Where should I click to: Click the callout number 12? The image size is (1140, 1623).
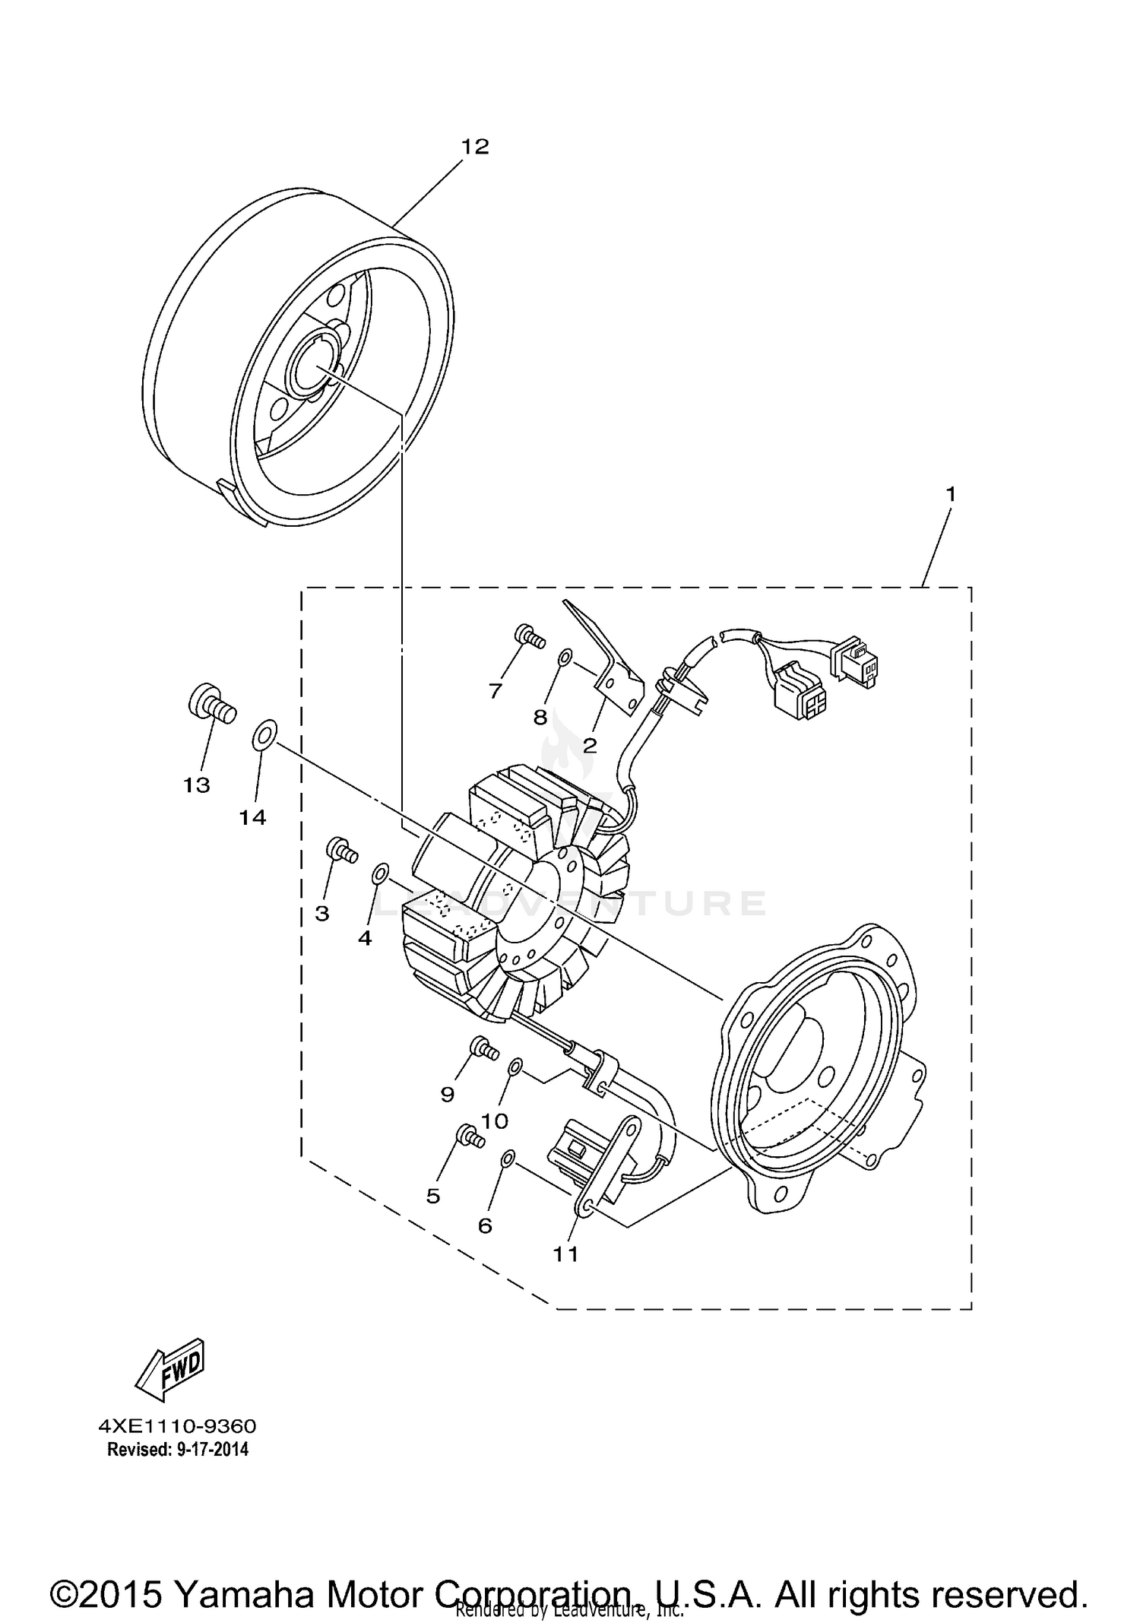point(475,147)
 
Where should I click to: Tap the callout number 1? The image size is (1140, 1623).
point(949,494)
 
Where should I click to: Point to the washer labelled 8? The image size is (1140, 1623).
point(565,657)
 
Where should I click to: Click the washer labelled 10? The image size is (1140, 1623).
point(515,1068)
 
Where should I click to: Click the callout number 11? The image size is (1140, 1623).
point(565,1255)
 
